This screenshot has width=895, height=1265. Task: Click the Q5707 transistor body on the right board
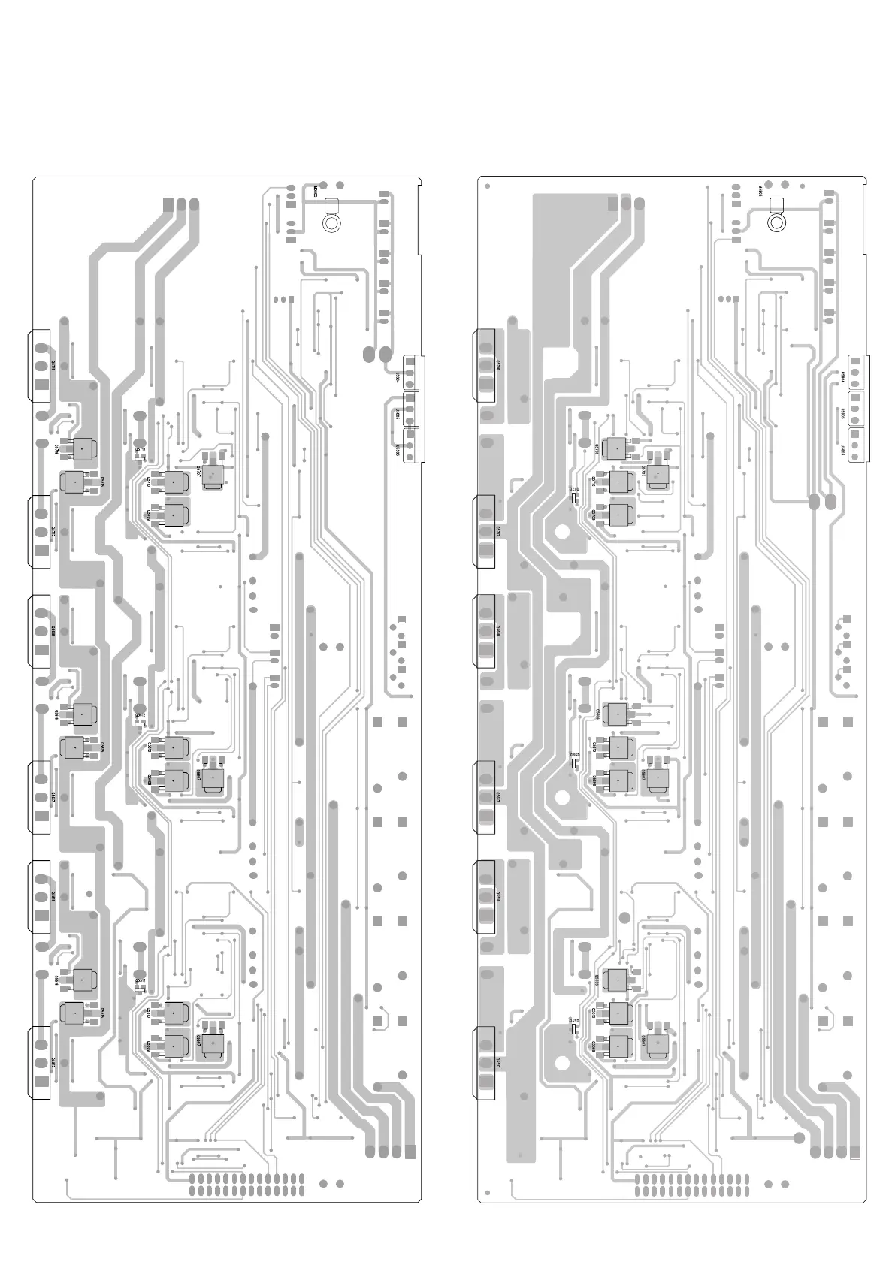pyautogui.click(x=659, y=474)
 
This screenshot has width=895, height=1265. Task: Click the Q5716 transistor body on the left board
pyautogui.click(x=80, y=449)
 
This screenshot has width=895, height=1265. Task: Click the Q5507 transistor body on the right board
pyautogui.click(x=659, y=1045)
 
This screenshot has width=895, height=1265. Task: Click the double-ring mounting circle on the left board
pyautogui.click(x=331, y=222)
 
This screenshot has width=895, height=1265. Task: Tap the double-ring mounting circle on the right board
pyautogui.click(x=776, y=222)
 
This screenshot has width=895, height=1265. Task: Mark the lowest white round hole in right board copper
pyautogui.click(x=562, y=1062)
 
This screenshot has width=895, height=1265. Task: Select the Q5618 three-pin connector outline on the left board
pyautogui.click(x=41, y=632)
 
